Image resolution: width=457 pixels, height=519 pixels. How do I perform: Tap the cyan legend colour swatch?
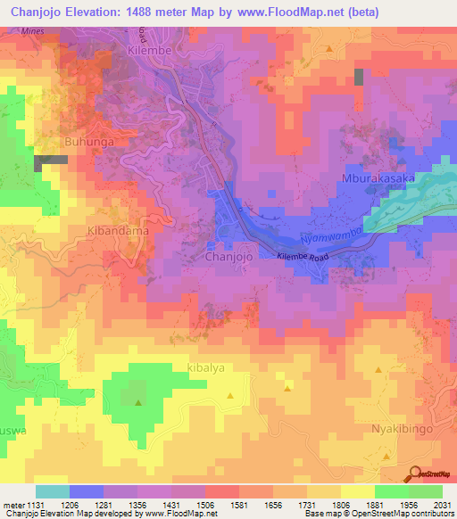click(53, 491)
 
